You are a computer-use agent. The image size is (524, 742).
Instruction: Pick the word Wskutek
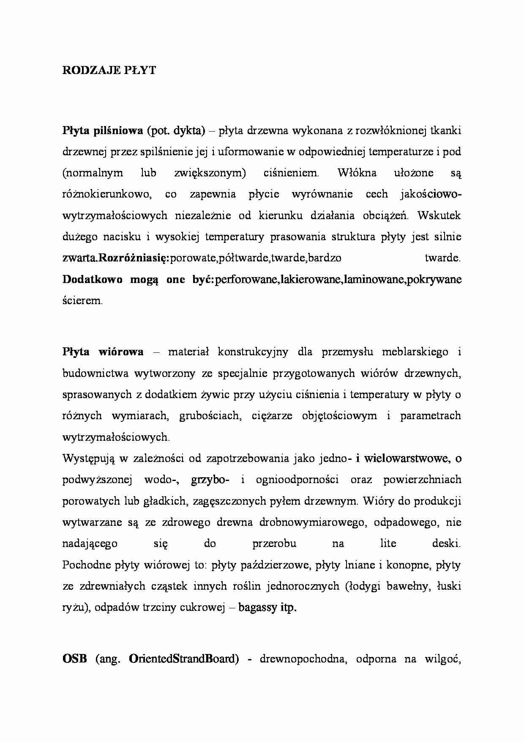click(439, 215)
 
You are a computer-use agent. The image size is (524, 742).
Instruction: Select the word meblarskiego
click(415, 352)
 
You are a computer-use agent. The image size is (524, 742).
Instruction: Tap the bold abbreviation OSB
click(74, 659)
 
